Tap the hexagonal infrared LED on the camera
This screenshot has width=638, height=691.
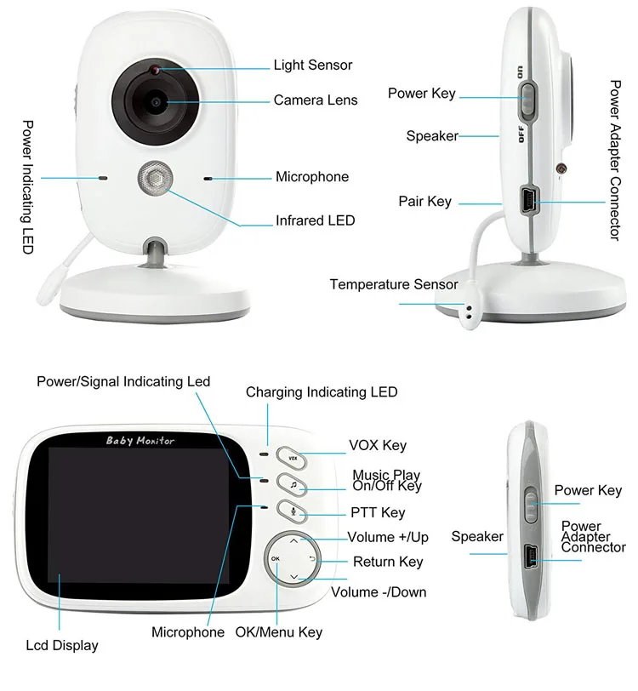155,179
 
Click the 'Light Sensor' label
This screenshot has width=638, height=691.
312,65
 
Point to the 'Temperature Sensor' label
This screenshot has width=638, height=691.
394,284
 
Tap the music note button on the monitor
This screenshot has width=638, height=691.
292,486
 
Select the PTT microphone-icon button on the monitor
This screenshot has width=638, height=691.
292,512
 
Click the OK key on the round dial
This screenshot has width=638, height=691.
275,558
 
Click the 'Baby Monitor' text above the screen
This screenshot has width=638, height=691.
140,440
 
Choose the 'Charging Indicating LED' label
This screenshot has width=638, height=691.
322,392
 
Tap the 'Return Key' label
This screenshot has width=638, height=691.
388,562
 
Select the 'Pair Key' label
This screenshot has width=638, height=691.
424,202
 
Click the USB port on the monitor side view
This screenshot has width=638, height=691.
529,557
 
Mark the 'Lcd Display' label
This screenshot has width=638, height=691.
62,645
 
